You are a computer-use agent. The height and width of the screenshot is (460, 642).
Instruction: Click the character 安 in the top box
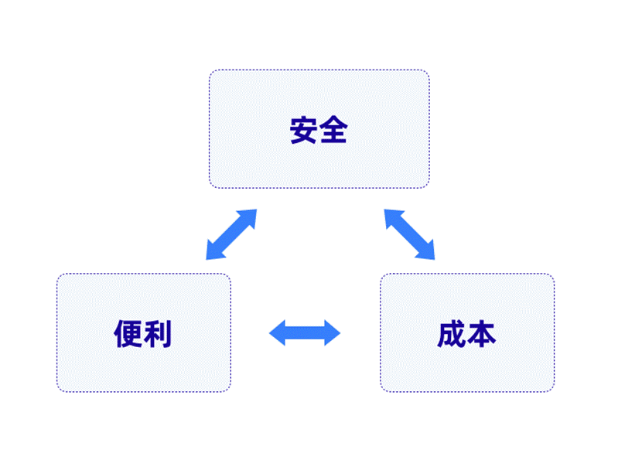tap(304, 130)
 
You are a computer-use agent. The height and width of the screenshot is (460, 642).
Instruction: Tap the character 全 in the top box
tap(333, 130)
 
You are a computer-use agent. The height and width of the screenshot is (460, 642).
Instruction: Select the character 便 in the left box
tap(128, 333)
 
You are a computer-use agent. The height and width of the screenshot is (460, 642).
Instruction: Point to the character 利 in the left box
tap(158, 333)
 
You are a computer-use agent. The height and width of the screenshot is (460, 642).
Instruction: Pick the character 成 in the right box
tap(452, 334)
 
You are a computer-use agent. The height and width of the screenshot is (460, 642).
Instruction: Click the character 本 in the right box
tap(481, 334)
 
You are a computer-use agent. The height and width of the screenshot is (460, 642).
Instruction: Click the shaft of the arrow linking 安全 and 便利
tap(231, 234)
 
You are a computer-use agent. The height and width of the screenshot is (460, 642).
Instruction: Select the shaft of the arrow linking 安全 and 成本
tap(409, 234)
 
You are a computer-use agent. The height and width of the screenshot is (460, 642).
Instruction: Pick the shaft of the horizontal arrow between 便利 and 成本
tap(305, 332)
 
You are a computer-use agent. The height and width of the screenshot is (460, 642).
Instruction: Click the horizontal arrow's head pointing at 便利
tap(277, 332)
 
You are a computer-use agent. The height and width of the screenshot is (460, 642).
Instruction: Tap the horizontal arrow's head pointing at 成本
tap(332, 332)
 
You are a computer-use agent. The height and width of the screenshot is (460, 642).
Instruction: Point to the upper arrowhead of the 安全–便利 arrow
tap(248, 217)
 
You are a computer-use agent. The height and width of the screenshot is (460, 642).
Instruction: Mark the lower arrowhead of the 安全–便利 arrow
tap(214, 252)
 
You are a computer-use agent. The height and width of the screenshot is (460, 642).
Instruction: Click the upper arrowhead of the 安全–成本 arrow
tap(392, 217)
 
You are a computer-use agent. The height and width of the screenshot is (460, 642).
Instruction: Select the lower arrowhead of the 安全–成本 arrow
tap(427, 252)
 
